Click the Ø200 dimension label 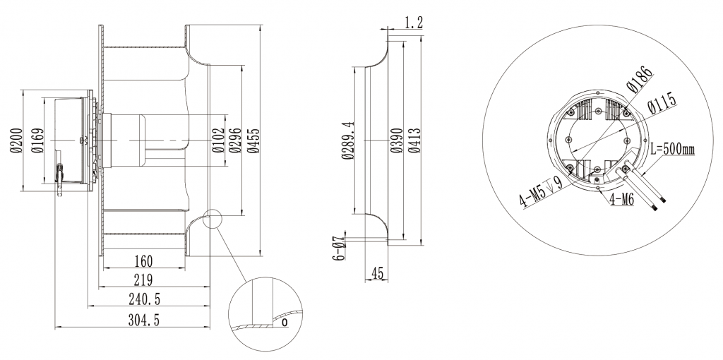pos(13,140)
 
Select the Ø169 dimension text pos(35,140)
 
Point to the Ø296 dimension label pos(236,140)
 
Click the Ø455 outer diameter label pos(253,140)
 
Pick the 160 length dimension pos(144,260)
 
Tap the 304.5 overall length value pos(144,320)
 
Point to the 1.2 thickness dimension pos(414,23)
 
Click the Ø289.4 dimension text pos(347,140)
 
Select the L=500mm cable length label pos(672,150)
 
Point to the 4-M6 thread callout pos(621,200)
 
